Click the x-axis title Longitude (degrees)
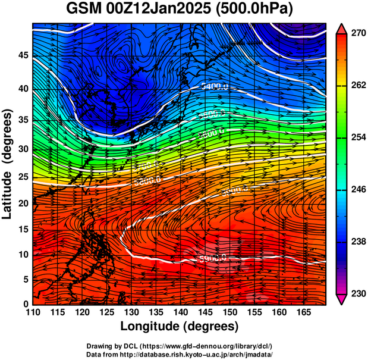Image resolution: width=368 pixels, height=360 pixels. (x=180, y=327)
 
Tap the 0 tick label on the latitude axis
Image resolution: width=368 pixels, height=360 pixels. (x=26, y=304)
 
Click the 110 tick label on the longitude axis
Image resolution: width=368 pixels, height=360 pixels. (x=33, y=313)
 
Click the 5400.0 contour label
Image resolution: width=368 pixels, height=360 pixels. (x=215, y=87)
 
